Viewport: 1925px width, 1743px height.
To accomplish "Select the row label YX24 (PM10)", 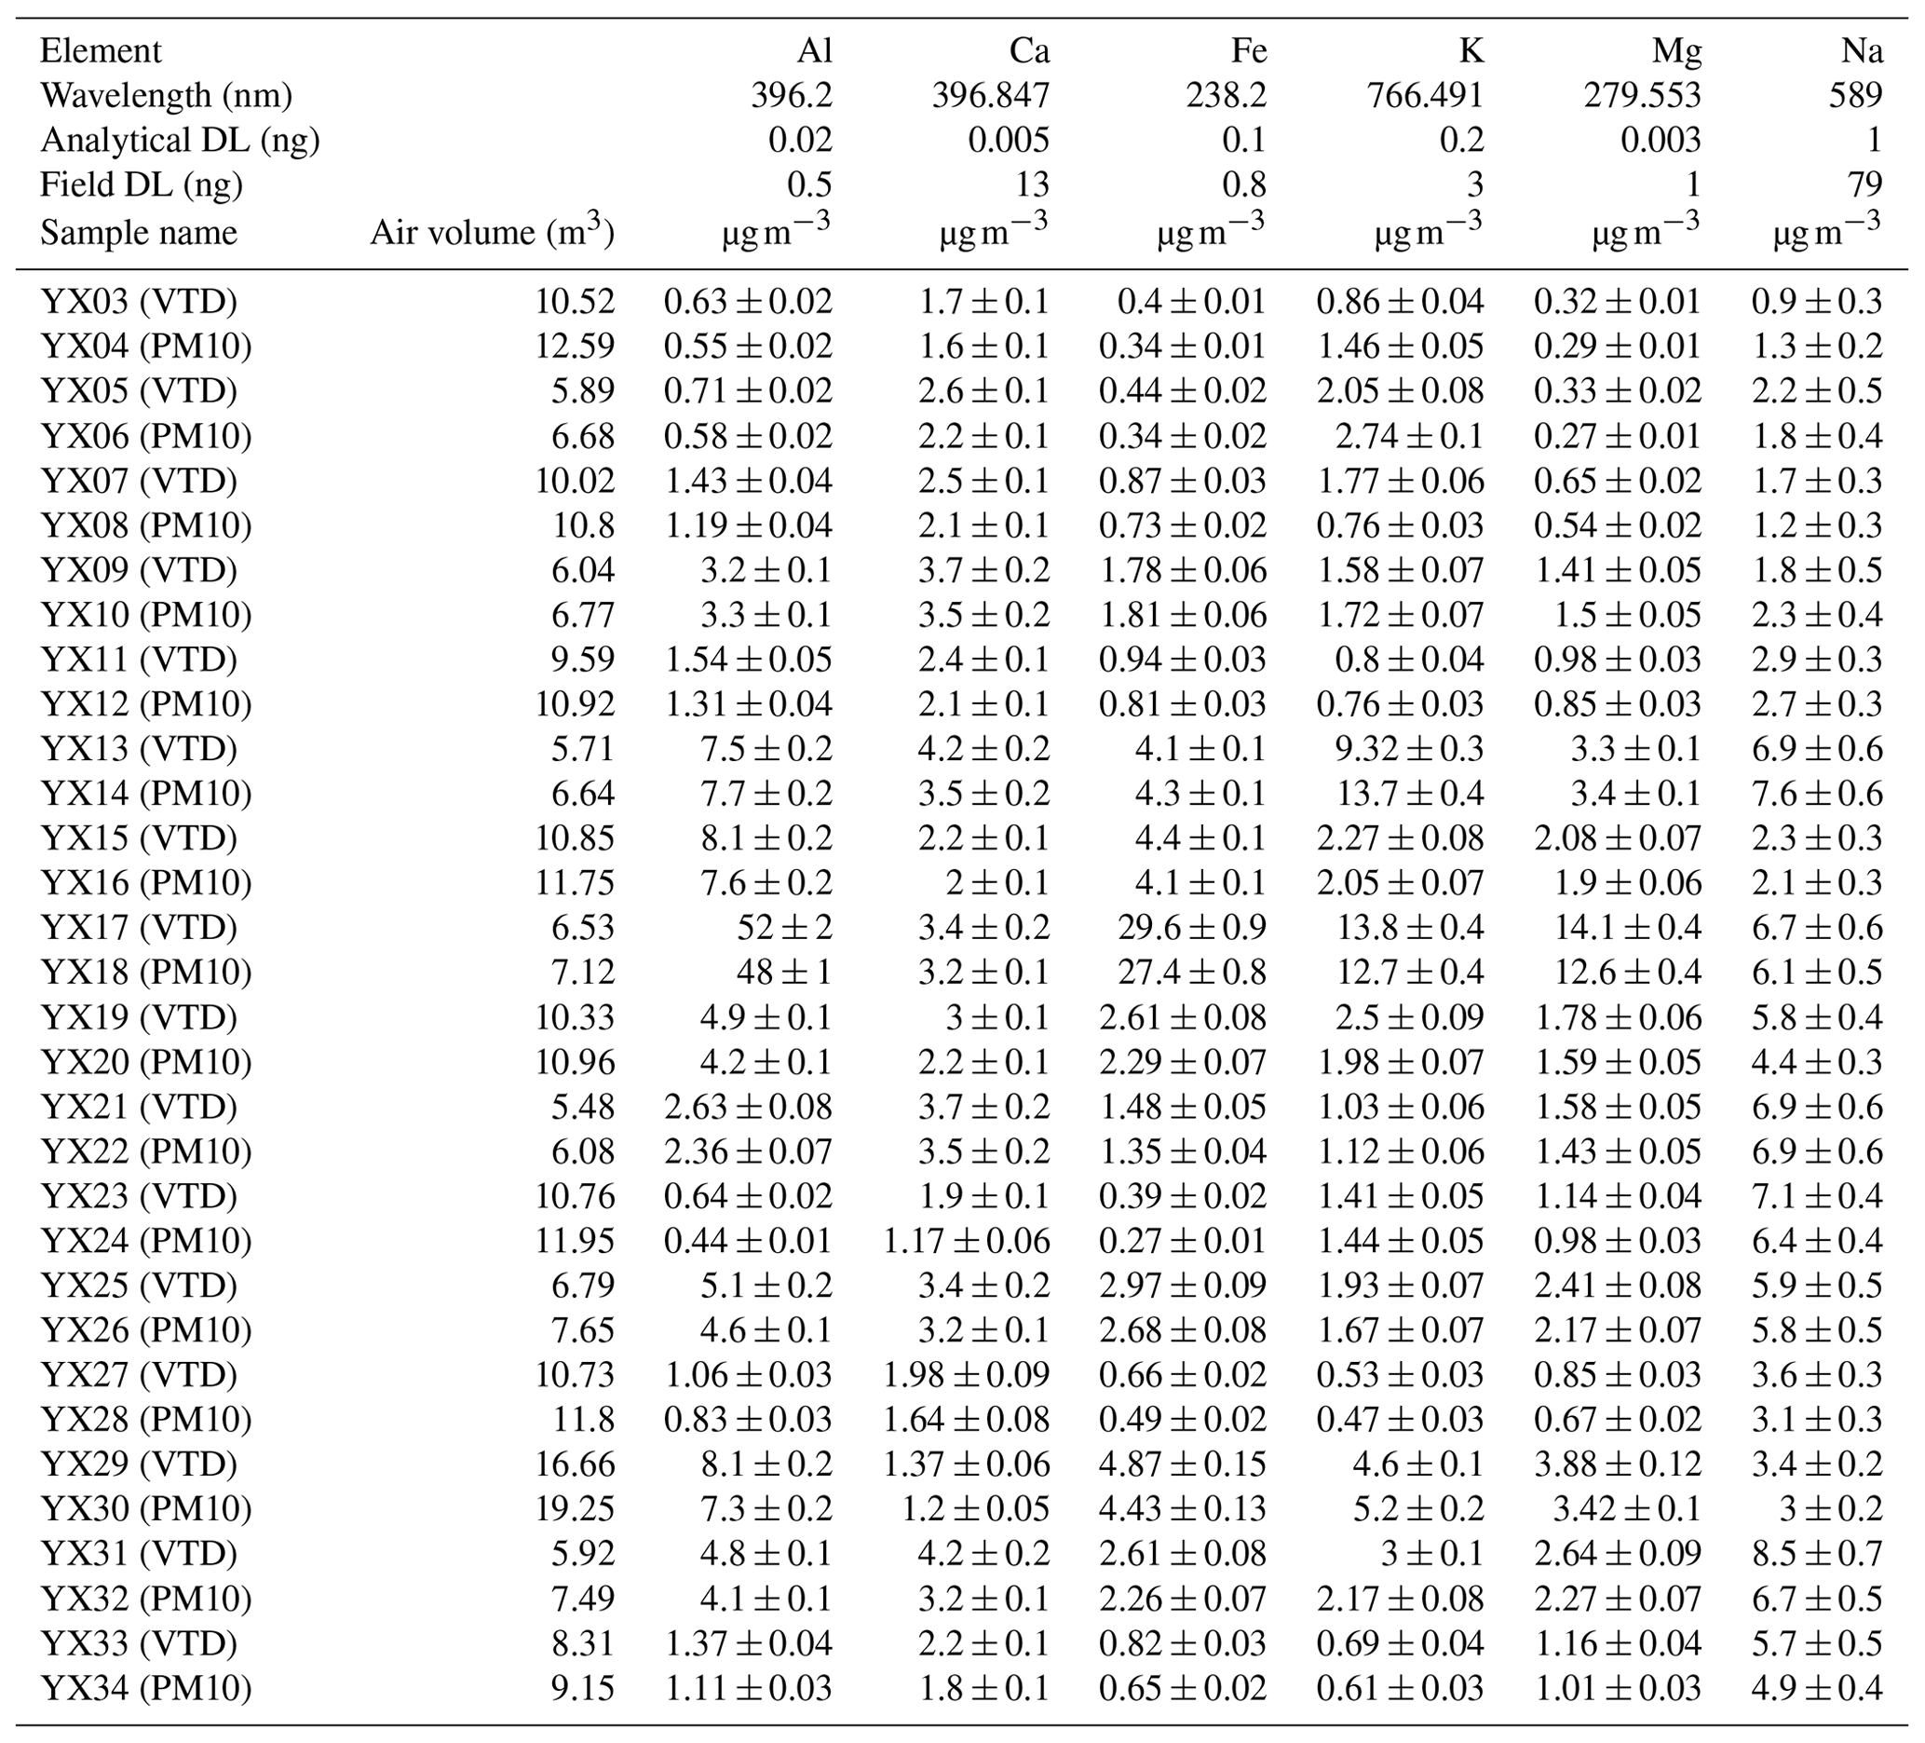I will tap(146, 1241).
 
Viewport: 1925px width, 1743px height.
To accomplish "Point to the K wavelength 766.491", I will tap(1425, 96).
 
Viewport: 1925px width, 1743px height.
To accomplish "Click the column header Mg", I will tap(1676, 51).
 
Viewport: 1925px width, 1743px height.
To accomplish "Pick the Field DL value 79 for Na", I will tap(1864, 184).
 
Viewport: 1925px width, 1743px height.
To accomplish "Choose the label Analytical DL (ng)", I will tap(180, 141).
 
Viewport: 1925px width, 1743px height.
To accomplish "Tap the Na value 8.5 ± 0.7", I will tap(1816, 1554).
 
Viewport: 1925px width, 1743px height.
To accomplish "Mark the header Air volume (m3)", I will tap(492, 232).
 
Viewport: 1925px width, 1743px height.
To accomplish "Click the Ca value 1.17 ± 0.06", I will tap(966, 1241).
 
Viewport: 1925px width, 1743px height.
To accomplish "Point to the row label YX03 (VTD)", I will tap(139, 302).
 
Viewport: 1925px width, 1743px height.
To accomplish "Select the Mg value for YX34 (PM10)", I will tap(1618, 1689).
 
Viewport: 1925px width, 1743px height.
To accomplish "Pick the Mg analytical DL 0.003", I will tap(1661, 141).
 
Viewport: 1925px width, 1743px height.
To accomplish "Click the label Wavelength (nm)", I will tap(166, 96).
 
